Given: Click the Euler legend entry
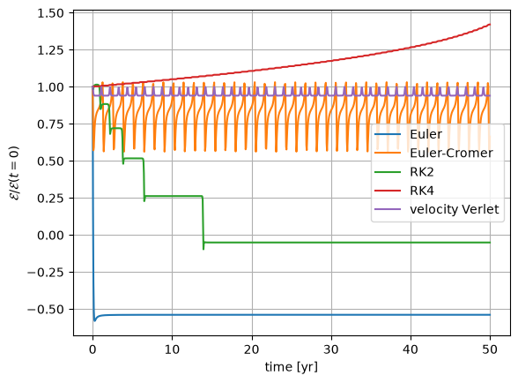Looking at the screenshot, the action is tap(425, 134).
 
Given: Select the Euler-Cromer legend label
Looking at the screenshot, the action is tap(451, 153).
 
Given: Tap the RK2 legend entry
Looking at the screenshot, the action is tap(422, 172).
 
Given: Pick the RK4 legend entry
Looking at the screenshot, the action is tap(422, 191).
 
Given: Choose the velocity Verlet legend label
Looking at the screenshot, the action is tap(455, 209).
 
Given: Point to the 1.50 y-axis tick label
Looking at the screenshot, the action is tap(50, 13).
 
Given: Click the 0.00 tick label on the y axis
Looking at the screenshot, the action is tap(50, 236).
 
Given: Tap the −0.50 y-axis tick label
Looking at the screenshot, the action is tap(46, 310).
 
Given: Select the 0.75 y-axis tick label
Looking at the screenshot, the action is tap(50, 124).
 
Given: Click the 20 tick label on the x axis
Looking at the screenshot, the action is tap(252, 349).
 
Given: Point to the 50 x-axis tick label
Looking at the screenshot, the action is tap(490, 349).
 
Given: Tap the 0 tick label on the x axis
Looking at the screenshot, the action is tap(92, 349).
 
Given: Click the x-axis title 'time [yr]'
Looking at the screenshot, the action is tap(292, 367).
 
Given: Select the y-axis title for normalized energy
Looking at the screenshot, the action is tap(15, 173).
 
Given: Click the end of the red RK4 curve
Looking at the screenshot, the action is tap(490, 24).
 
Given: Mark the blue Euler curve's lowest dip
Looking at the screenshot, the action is tap(95, 320).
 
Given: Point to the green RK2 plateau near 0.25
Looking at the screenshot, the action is tap(174, 196).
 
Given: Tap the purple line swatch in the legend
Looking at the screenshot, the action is tap(388, 209).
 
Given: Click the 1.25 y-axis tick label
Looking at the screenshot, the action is tap(50, 50).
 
